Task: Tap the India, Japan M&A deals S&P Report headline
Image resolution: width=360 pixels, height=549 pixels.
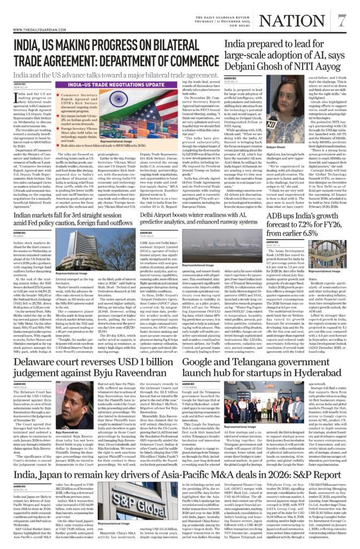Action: [x=177, y=475]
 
